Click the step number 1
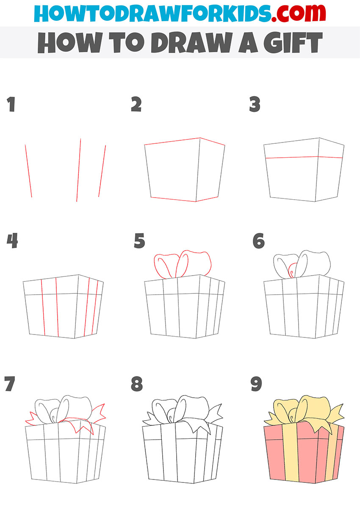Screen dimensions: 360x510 pos(11,104)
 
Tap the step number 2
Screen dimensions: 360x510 pos(136,104)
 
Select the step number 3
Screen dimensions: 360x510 pos(255,104)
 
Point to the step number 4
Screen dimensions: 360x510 pos(12,240)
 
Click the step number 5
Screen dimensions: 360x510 pos(139,240)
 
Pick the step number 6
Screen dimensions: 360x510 pos(259,240)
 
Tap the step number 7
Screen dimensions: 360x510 pos(10,384)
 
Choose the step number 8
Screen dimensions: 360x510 pos(137,384)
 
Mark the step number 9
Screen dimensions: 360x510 pos(256,384)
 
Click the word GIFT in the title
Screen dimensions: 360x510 pos(293,42)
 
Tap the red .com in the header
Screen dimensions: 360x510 pos(299,13)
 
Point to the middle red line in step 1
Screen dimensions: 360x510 pos(79,170)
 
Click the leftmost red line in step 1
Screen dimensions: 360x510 pos(28,171)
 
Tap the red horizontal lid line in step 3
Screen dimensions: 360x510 pos(304,157)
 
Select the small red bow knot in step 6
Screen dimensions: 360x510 pos(292,270)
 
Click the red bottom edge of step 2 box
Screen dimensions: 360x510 pos(184,199)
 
